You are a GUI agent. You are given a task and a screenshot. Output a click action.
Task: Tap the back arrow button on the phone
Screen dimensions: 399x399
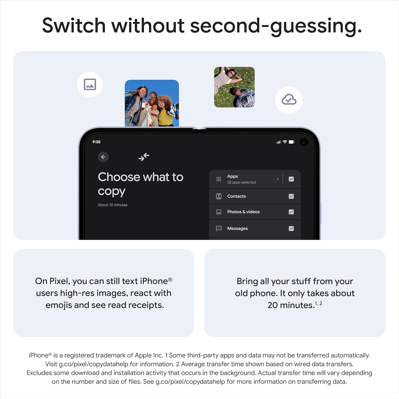click(x=103, y=157)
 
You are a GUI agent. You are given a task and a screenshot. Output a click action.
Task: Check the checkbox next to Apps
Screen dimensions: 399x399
click(x=291, y=179)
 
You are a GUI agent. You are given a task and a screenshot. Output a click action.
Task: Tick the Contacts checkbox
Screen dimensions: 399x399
click(x=291, y=196)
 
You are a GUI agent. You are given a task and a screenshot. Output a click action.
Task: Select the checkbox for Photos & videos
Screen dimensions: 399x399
click(x=291, y=212)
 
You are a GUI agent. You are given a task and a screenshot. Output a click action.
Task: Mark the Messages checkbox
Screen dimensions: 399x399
click(x=291, y=228)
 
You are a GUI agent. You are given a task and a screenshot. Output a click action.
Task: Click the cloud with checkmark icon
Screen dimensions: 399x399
click(x=289, y=100)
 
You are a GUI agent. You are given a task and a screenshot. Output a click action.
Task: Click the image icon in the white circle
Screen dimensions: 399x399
click(x=90, y=84)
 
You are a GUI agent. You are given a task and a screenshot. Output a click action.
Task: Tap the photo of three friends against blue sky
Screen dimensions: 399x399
click(x=152, y=103)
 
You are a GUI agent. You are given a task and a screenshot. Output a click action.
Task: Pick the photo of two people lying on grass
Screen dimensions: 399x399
click(x=234, y=87)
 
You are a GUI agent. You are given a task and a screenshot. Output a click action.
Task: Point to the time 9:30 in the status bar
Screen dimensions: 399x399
click(x=96, y=142)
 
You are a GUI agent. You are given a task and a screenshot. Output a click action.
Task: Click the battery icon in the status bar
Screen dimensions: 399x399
click(x=292, y=142)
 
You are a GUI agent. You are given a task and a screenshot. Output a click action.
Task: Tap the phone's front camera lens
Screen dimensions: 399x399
click(x=304, y=142)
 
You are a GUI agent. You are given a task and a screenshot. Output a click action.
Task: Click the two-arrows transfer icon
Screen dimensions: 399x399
click(x=144, y=157)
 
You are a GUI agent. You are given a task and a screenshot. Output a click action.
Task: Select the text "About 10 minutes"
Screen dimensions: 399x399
click(x=113, y=205)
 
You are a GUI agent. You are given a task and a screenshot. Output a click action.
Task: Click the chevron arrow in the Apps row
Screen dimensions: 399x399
click(x=278, y=179)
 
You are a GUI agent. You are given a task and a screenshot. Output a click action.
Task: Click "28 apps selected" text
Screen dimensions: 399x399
click(x=242, y=182)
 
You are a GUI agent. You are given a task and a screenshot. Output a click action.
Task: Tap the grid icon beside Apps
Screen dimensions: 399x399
click(x=219, y=179)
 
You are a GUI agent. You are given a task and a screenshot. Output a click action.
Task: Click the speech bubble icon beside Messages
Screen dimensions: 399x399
click(x=219, y=228)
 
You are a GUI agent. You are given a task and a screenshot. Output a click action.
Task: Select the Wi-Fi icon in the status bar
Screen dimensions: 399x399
click(x=285, y=142)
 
